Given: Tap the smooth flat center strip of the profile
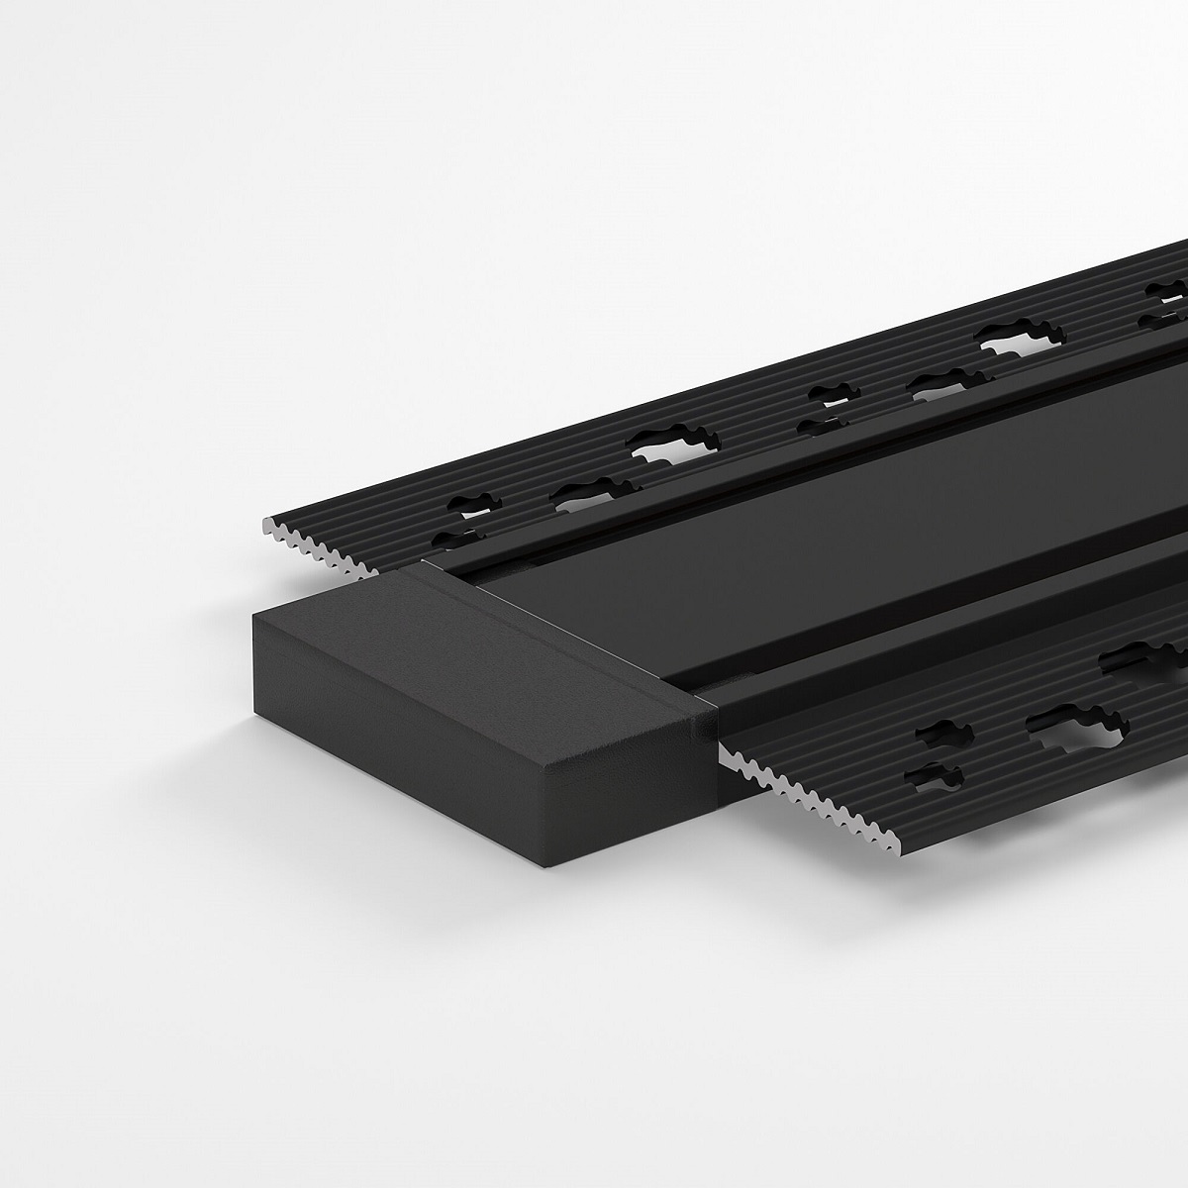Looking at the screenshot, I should coord(792,554).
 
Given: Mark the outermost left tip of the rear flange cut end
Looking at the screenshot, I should coord(263,522).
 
